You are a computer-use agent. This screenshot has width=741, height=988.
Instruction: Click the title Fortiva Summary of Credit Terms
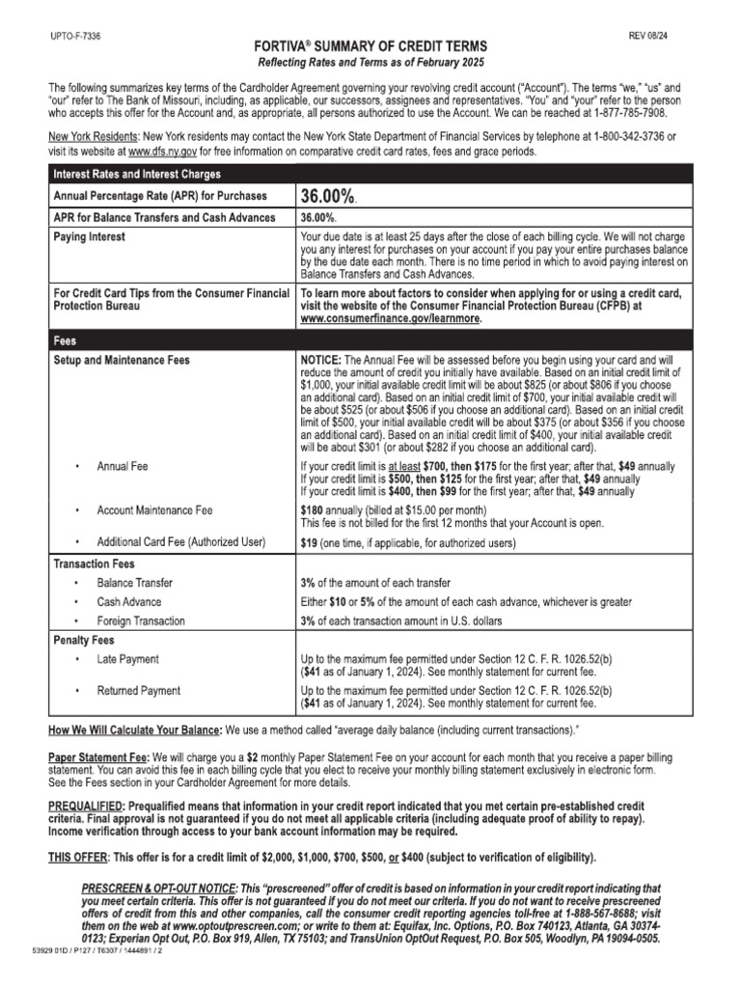point(370,46)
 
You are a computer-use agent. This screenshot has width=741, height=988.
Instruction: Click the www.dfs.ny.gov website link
point(163,151)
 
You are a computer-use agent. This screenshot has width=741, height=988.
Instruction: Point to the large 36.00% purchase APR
point(329,196)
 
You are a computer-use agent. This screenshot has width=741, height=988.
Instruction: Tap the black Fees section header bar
point(370,340)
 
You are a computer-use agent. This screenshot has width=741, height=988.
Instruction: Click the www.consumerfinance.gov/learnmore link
point(390,317)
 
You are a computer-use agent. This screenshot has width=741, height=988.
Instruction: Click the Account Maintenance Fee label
point(154,509)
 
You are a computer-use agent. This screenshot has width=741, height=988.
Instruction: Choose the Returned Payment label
point(139,691)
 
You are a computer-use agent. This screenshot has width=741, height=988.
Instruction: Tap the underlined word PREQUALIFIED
point(90,805)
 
